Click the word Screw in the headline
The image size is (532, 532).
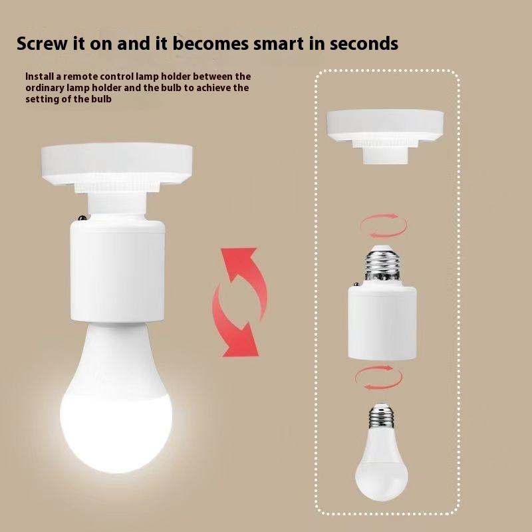(42, 45)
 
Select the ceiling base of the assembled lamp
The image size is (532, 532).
(116, 162)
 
